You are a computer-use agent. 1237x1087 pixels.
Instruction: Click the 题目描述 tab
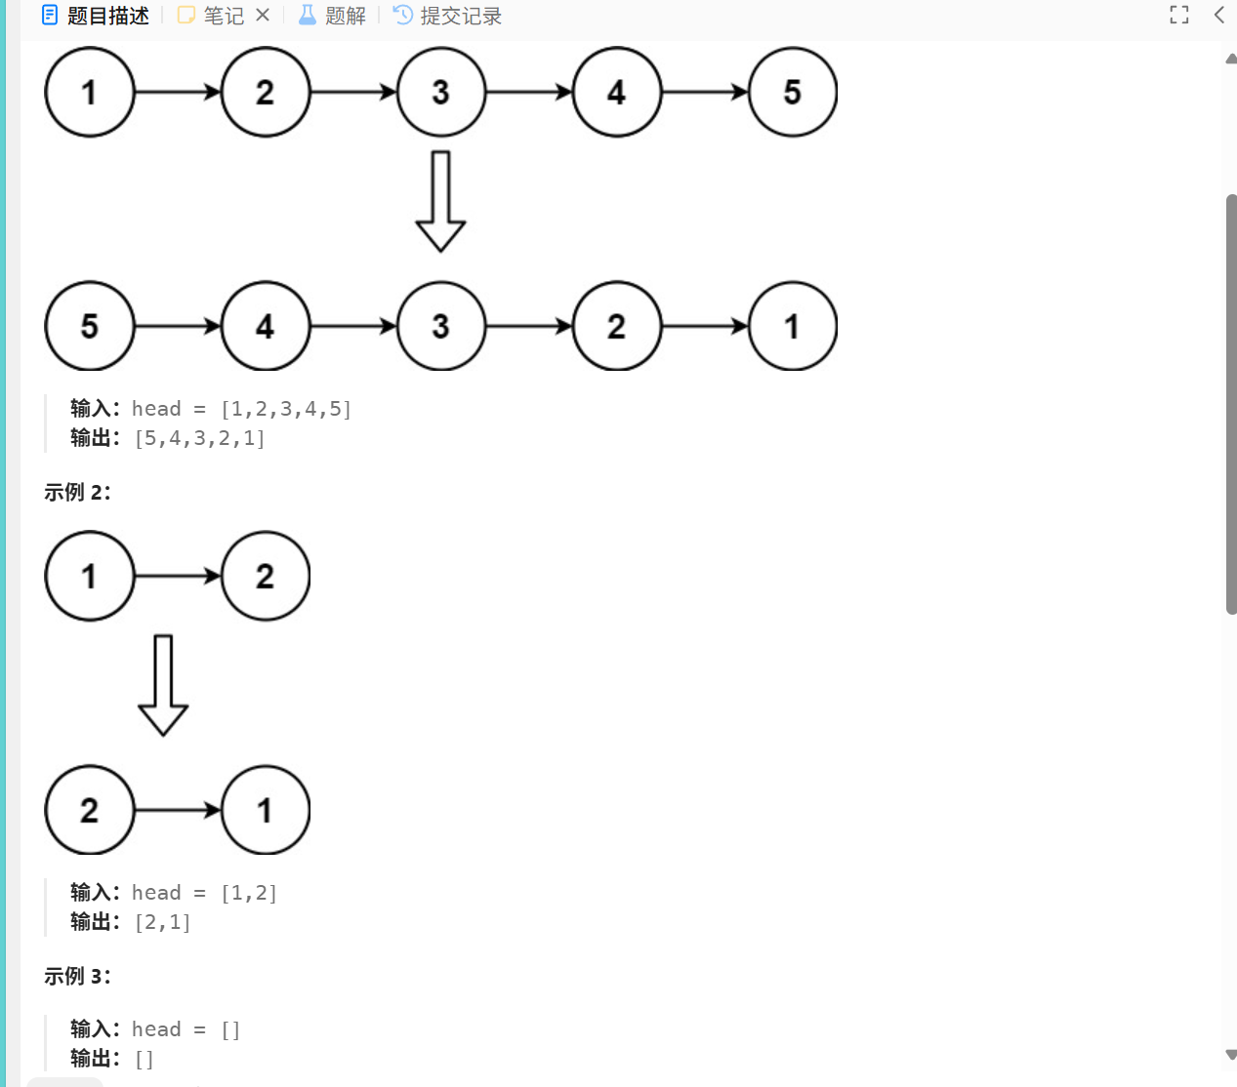[96, 16]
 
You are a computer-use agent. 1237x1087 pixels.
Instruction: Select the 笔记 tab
[212, 16]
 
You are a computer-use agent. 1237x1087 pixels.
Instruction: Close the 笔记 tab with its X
[263, 15]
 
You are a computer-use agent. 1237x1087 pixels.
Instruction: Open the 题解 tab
[333, 16]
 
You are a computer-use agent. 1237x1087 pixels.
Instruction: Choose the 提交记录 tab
[448, 16]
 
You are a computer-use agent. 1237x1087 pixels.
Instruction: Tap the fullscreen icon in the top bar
[1179, 15]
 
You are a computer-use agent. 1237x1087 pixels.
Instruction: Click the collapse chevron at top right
[1218, 15]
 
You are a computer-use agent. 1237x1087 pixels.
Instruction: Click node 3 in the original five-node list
[441, 93]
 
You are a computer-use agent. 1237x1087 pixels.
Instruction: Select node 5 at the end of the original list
[793, 93]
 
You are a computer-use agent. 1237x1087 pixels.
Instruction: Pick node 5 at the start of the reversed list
[90, 326]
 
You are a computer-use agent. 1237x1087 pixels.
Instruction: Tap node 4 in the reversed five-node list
[266, 326]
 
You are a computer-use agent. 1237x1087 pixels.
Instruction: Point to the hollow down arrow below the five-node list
[440, 201]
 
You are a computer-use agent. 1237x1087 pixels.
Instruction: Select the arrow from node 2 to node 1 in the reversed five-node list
[705, 326]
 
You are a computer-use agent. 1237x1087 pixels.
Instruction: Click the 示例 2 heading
[77, 492]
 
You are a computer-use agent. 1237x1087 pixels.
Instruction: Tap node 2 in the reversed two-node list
[90, 810]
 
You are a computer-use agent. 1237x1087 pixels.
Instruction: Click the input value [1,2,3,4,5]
[286, 409]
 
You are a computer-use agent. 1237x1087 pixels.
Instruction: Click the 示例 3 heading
[77, 976]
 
